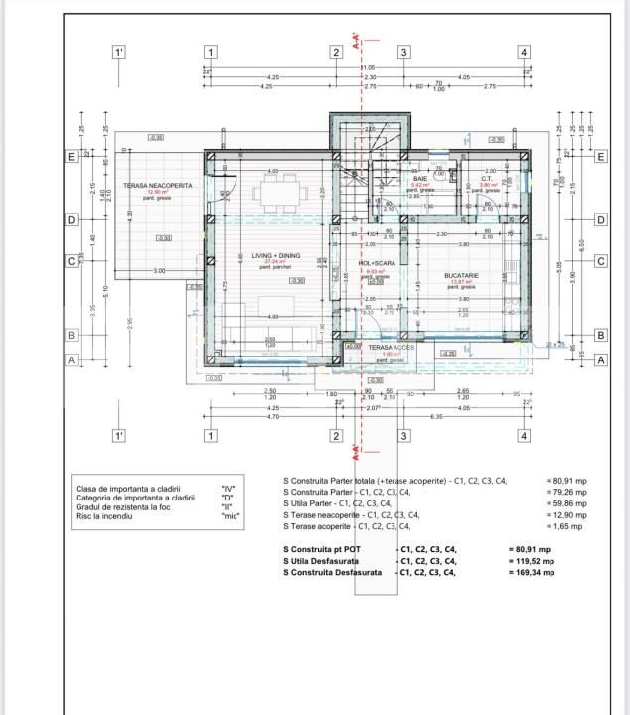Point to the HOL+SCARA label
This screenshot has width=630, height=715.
[x=375, y=264]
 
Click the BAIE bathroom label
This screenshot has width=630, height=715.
[x=420, y=178]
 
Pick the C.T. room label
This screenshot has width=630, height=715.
[x=488, y=179]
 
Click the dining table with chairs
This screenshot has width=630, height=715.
[x=271, y=189]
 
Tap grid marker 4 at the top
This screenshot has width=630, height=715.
[x=523, y=52]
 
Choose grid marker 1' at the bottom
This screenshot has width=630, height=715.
[x=119, y=435]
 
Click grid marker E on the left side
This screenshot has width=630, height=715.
[x=72, y=157]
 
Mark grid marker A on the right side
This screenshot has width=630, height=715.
[x=600, y=361]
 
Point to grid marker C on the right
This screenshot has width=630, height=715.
[x=600, y=261]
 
